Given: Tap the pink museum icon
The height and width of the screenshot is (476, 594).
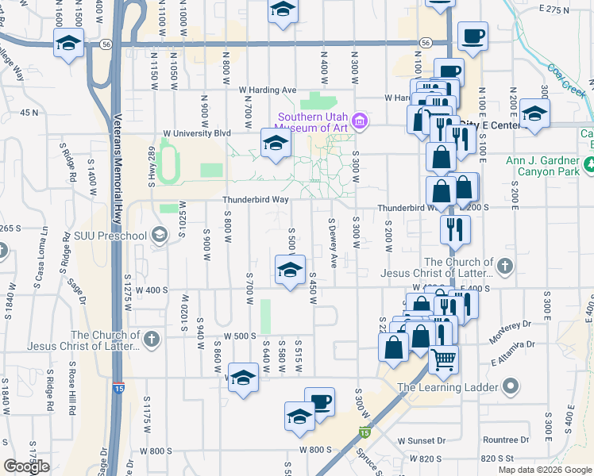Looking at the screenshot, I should (359, 121).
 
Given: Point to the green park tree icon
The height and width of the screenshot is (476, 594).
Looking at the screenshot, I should (589, 165).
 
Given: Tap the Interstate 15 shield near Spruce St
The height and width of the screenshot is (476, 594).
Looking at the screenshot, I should (364, 432).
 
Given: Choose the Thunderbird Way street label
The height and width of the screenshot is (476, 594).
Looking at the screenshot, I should (255, 200).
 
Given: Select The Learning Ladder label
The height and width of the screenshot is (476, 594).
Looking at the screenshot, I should (449, 388).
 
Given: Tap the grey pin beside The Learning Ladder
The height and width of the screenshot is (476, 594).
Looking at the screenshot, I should (510, 387).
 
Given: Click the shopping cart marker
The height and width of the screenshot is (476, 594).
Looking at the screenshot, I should (444, 359).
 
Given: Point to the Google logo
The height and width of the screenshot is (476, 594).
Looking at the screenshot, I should (27, 466).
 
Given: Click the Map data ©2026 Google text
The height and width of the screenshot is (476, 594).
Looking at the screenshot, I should (544, 470).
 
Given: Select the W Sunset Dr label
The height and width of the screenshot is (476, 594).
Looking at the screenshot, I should (430, 440).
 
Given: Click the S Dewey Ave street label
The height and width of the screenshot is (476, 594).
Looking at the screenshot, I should (333, 244).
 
